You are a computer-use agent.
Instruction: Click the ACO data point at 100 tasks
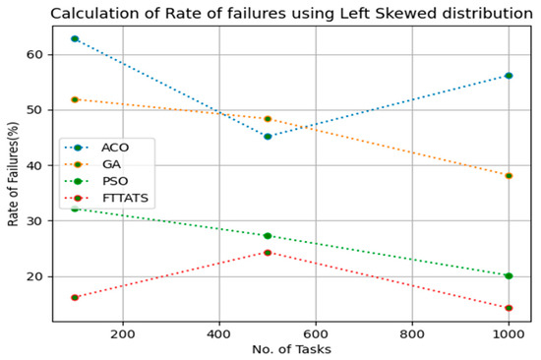[x=74, y=38]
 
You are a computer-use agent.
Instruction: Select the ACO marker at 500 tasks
[x=268, y=137]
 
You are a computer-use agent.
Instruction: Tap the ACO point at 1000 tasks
[x=509, y=76]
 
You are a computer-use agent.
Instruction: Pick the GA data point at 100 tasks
[x=74, y=99]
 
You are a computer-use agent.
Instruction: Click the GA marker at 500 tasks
[x=268, y=119]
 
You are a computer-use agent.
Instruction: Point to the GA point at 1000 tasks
[x=509, y=176]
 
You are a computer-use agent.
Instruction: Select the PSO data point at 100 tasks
[x=74, y=209]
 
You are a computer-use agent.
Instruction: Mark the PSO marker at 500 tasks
[x=268, y=236]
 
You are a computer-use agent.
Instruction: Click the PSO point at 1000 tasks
[x=509, y=276]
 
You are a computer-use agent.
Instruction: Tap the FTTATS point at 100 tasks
[x=74, y=297]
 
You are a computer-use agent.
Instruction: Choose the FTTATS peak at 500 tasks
[x=268, y=253]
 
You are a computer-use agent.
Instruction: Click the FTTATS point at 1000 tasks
[x=509, y=308]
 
